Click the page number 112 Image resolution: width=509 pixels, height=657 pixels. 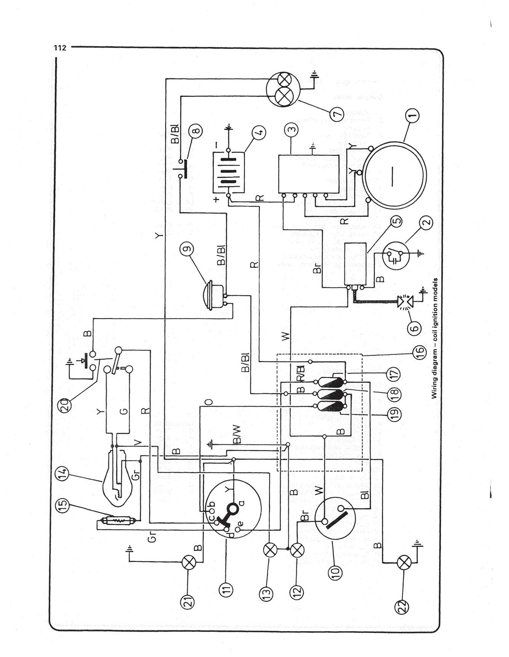(x=60, y=48)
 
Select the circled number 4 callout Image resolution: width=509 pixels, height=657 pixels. (x=258, y=133)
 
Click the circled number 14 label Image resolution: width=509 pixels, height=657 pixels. (x=64, y=475)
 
